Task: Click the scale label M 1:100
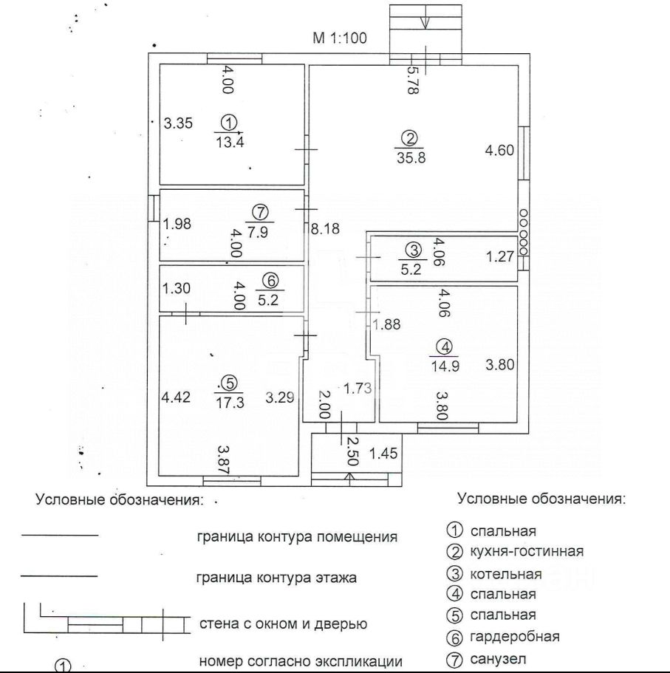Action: [339, 39]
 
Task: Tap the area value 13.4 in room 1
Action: [230, 143]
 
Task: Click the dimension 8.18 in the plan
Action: [324, 229]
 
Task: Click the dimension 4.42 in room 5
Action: [176, 397]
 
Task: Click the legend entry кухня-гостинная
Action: [526, 551]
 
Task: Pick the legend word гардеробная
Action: [514, 636]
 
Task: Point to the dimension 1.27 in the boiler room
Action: [499, 257]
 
